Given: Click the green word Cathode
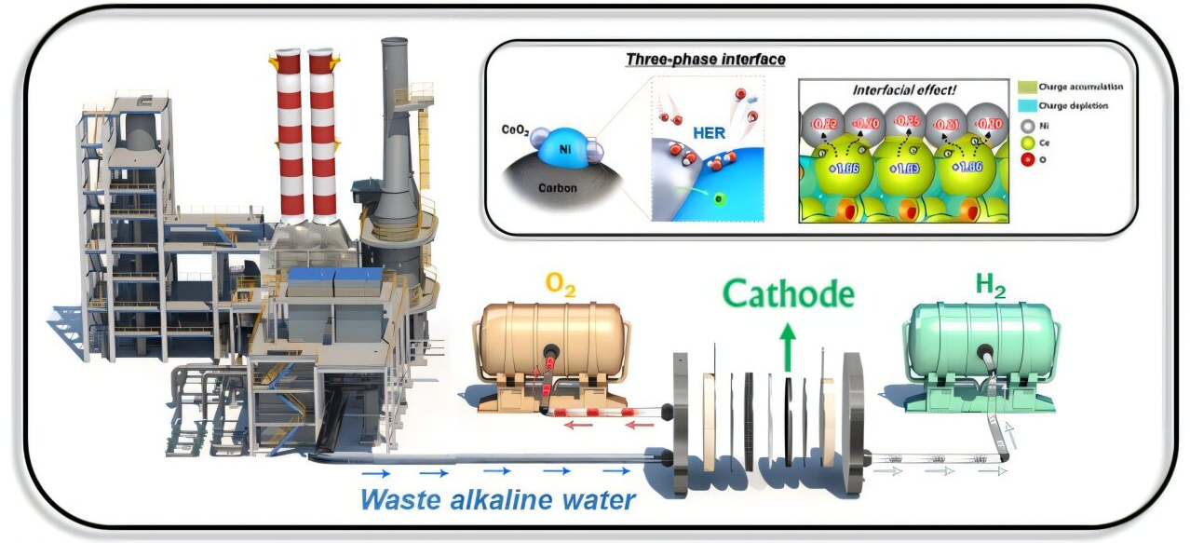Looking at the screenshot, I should pyautogui.click(x=789, y=294).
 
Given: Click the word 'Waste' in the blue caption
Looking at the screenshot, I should pyautogui.click(x=395, y=499).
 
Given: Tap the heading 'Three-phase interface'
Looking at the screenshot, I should pyautogui.click(x=705, y=60).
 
